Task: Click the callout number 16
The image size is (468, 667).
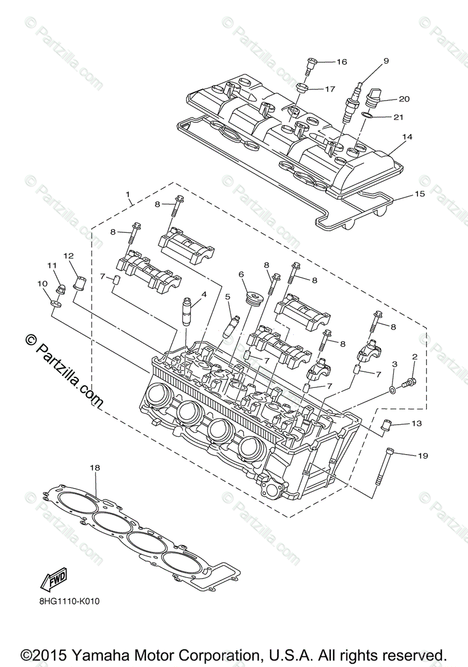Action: tap(341, 62)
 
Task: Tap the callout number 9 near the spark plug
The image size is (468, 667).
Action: tap(386, 61)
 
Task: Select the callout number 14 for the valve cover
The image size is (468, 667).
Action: tap(407, 137)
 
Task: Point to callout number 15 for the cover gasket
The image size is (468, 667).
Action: tap(419, 194)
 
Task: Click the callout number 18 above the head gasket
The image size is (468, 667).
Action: tap(95, 469)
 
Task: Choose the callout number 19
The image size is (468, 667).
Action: tap(423, 456)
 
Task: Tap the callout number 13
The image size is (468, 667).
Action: tap(417, 424)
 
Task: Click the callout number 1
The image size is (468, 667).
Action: tap(128, 195)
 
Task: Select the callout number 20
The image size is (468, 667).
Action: tap(404, 99)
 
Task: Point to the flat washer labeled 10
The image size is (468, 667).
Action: tap(54, 303)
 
